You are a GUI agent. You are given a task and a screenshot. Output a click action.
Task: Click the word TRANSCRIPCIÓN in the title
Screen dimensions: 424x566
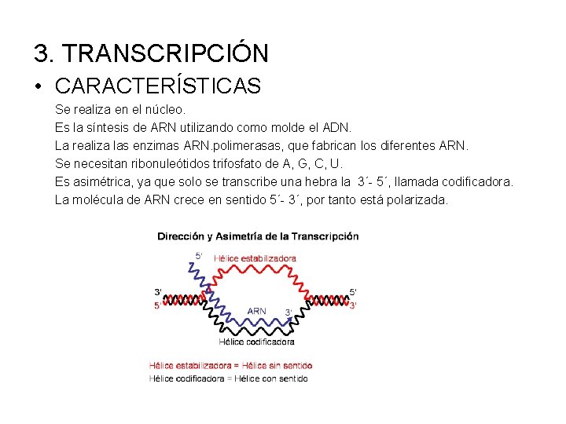(x=165, y=53)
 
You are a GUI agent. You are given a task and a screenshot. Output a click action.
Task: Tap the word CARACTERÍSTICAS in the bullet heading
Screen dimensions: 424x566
(x=158, y=86)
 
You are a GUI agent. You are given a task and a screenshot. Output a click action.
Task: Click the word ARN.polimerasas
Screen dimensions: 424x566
(x=222, y=145)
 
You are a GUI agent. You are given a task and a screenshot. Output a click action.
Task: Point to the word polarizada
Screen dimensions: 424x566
(x=417, y=200)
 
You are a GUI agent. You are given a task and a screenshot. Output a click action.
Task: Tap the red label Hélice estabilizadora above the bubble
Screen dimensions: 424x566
(x=255, y=258)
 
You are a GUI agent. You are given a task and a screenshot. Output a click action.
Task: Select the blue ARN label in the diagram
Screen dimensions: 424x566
(x=257, y=311)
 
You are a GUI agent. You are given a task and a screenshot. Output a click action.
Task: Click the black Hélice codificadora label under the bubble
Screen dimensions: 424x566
(x=256, y=342)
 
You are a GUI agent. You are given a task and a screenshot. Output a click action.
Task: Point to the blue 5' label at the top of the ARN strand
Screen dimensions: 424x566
(x=198, y=255)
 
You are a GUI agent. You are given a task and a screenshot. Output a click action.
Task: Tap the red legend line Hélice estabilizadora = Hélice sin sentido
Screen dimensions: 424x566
(x=230, y=365)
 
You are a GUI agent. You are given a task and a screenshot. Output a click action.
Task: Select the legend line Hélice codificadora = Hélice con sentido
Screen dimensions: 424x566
(x=229, y=378)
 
